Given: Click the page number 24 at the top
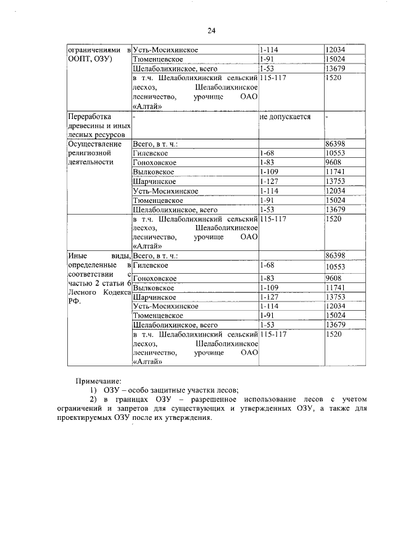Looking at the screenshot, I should [212, 30].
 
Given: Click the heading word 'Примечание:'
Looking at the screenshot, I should [99, 382].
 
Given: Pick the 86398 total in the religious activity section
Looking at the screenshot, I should [336, 143].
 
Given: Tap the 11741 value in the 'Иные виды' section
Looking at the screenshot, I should [336, 287].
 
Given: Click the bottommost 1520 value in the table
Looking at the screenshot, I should [334, 334].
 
